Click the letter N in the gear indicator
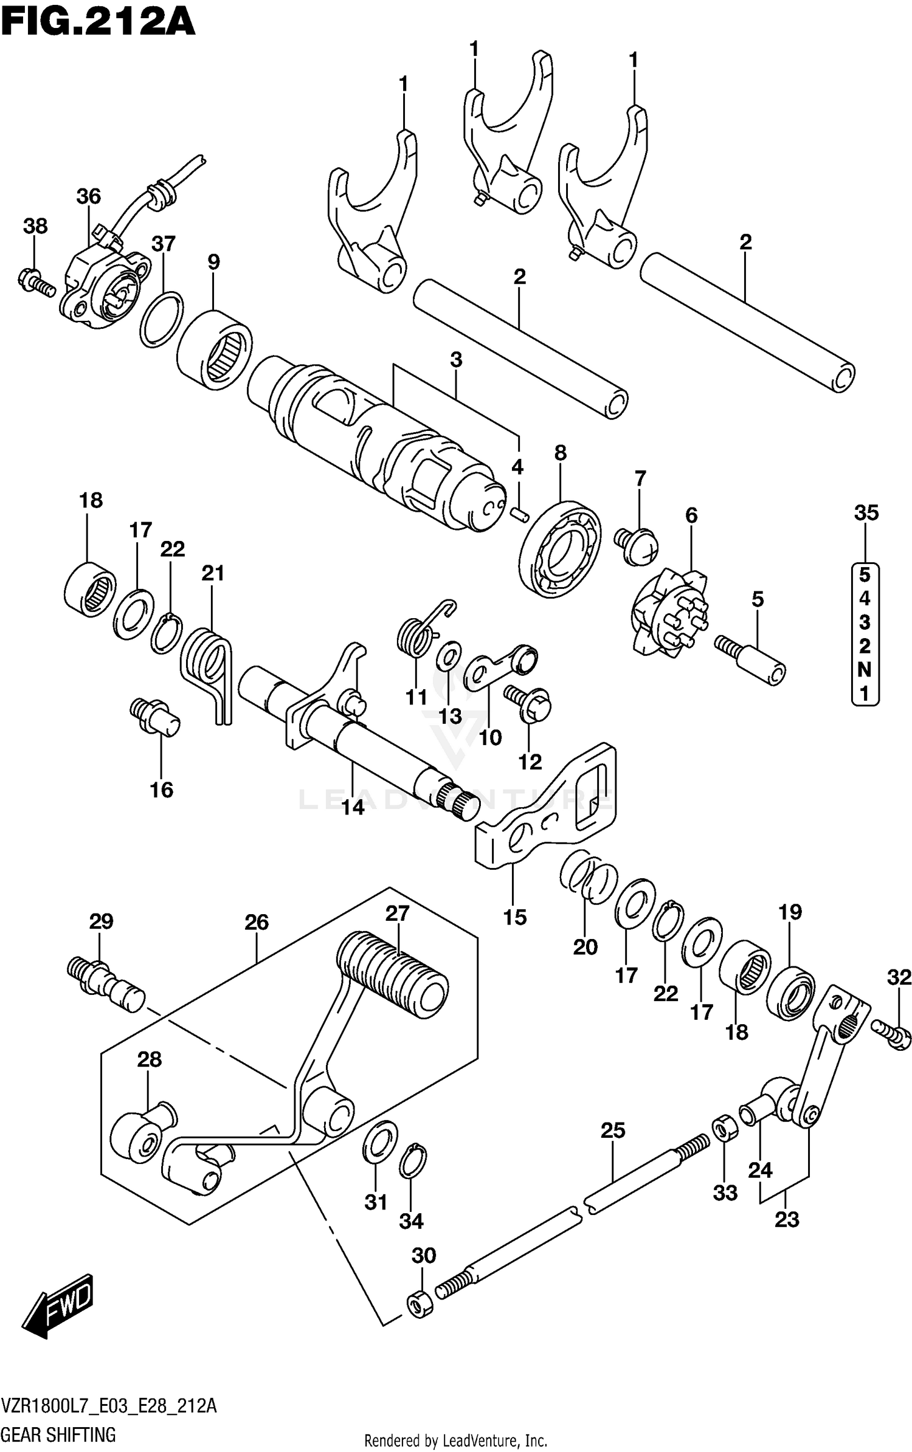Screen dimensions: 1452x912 (x=864, y=669)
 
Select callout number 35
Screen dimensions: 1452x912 (x=866, y=513)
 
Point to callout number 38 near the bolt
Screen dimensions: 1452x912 (x=35, y=226)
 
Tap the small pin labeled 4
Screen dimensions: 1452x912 (x=518, y=512)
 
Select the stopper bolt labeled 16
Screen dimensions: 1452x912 (x=155, y=717)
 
